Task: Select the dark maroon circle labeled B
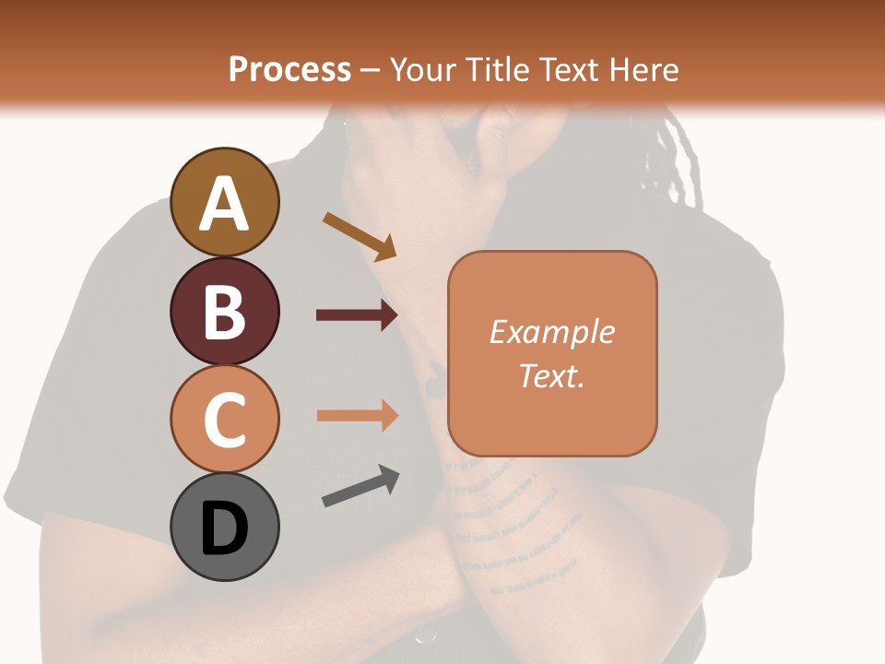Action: tap(224, 311)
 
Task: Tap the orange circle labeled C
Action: tap(224, 419)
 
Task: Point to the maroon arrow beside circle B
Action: tap(357, 315)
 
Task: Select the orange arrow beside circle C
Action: tap(357, 415)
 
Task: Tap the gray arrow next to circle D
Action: tap(360, 486)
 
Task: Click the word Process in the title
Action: tap(289, 69)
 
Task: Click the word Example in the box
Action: tap(552, 332)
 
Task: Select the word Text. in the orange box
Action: tap(552, 376)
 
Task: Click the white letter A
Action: tap(224, 204)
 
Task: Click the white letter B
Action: tap(224, 312)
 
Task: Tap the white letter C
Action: tap(224, 420)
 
